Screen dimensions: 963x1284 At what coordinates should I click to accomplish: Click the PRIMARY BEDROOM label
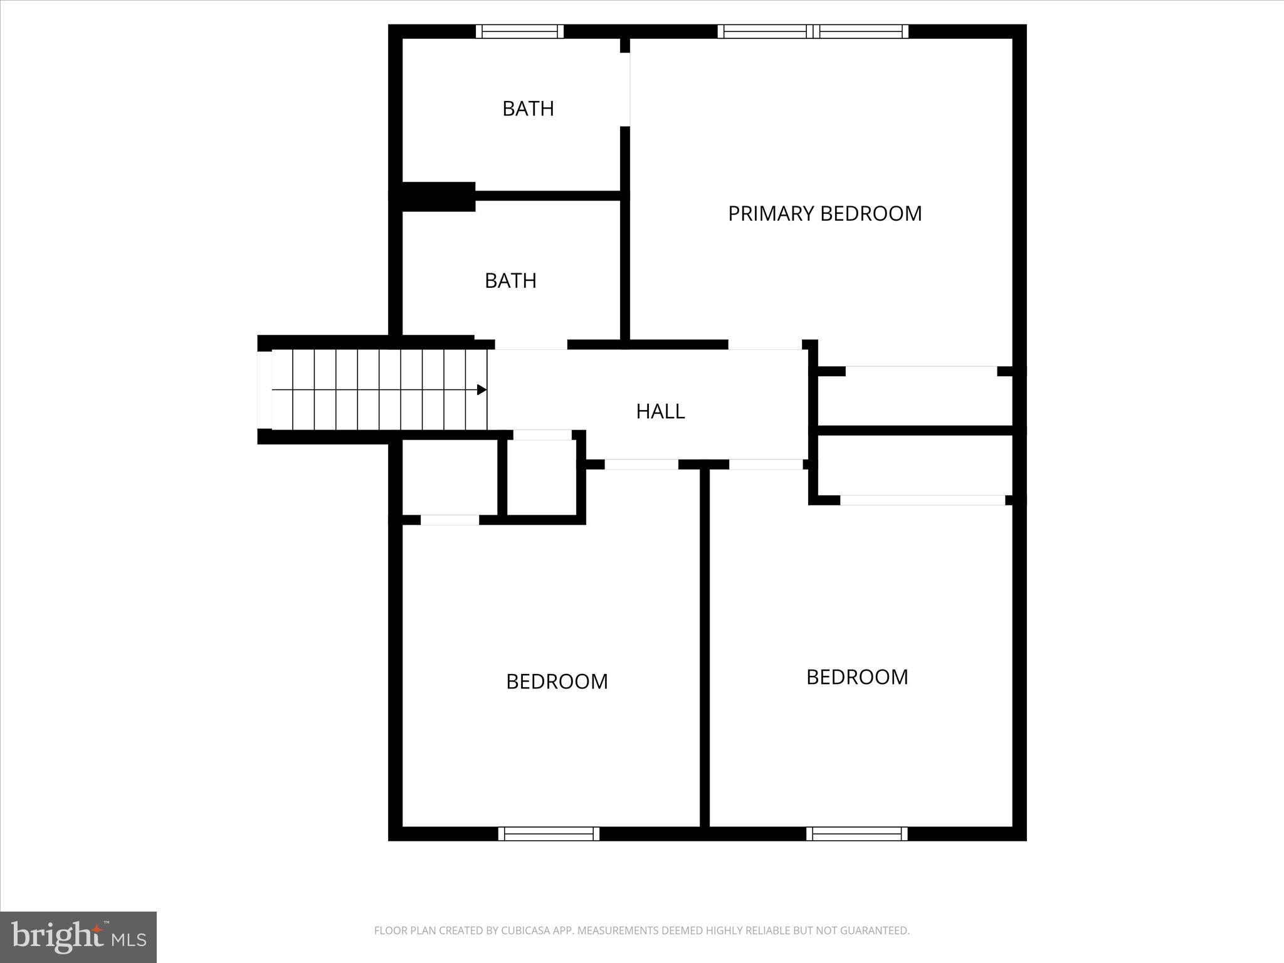pyautogui.click(x=824, y=214)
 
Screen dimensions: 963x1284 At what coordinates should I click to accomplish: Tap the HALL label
pyautogui.click(x=660, y=411)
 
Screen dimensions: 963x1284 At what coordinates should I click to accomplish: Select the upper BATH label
pyautogui.click(x=528, y=109)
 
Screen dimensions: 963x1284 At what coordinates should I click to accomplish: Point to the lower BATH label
pyautogui.click(x=510, y=281)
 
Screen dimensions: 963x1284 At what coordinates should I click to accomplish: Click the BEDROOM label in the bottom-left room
pyautogui.click(x=557, y=681)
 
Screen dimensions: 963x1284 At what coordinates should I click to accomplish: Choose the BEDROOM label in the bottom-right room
pyautogui.click(x=857, y=677)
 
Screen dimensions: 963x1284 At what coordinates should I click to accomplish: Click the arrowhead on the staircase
pyautogui.click(x=481, y=390)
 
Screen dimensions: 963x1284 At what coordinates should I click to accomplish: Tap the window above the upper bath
pyautogui.click(x=519, y=31)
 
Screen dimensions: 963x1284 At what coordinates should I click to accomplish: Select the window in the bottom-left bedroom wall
pyautogui.click(x=549, y=833)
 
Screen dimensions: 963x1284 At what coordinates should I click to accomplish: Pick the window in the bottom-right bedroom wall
pyautogui.click(x=856, y=833)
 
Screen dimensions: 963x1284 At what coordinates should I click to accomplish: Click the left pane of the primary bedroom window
pyautogui.click(x=765, y=31)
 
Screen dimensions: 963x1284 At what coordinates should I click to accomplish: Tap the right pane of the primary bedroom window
pyautogui.click(x=863, y=31)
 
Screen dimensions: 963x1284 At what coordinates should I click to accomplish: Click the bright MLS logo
pyautogui.click(x=78, y=937)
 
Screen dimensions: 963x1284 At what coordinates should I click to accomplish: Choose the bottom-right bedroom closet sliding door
pyautogui.click(x=922, y=500)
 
